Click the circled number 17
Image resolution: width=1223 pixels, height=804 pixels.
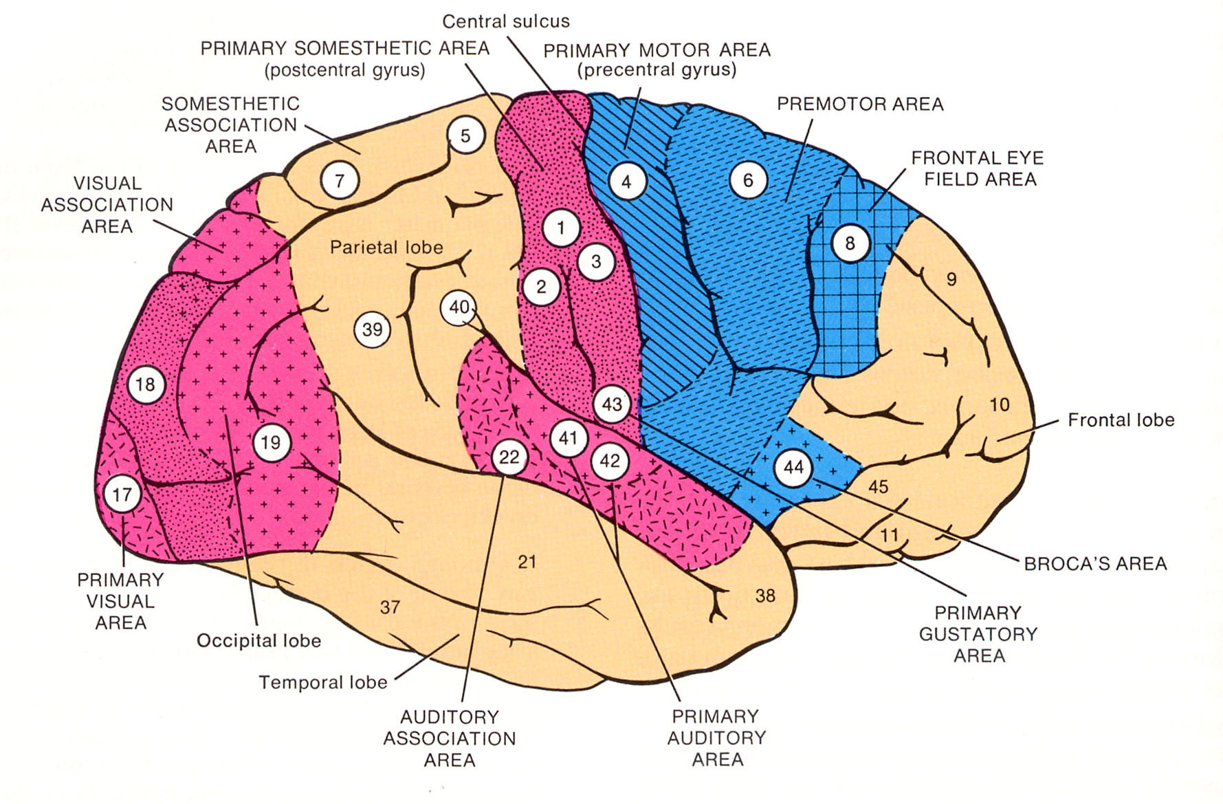(122, 494)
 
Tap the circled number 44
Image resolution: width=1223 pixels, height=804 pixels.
(793, 468)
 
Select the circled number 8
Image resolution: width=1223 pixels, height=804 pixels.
(850, 243)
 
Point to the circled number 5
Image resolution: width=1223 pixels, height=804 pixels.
(465, 135)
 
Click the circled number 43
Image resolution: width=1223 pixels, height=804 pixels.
(612, 404)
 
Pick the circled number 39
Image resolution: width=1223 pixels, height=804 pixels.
(372, 329)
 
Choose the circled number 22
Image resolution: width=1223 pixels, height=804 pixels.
(509, 457)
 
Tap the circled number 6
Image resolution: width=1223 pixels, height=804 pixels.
(748, 180)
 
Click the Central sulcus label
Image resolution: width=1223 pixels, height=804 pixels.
(506, 21)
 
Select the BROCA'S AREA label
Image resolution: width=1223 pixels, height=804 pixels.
(1095, 564)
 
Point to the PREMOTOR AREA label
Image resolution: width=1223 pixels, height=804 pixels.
(860, 105)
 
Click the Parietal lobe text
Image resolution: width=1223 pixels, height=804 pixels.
(386, 248)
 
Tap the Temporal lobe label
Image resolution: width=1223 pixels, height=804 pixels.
(323, 682)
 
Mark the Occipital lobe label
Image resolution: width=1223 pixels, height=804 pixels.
(258, 641)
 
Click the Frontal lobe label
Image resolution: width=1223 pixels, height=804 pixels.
(1121, 420)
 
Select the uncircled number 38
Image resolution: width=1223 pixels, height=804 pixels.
(765, 596)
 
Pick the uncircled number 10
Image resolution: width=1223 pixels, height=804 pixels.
(999, 404)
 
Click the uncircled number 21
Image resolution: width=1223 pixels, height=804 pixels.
(527, 563)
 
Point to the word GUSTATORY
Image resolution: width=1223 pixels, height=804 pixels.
(978, 634)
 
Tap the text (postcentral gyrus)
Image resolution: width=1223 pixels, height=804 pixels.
(345, 70)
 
